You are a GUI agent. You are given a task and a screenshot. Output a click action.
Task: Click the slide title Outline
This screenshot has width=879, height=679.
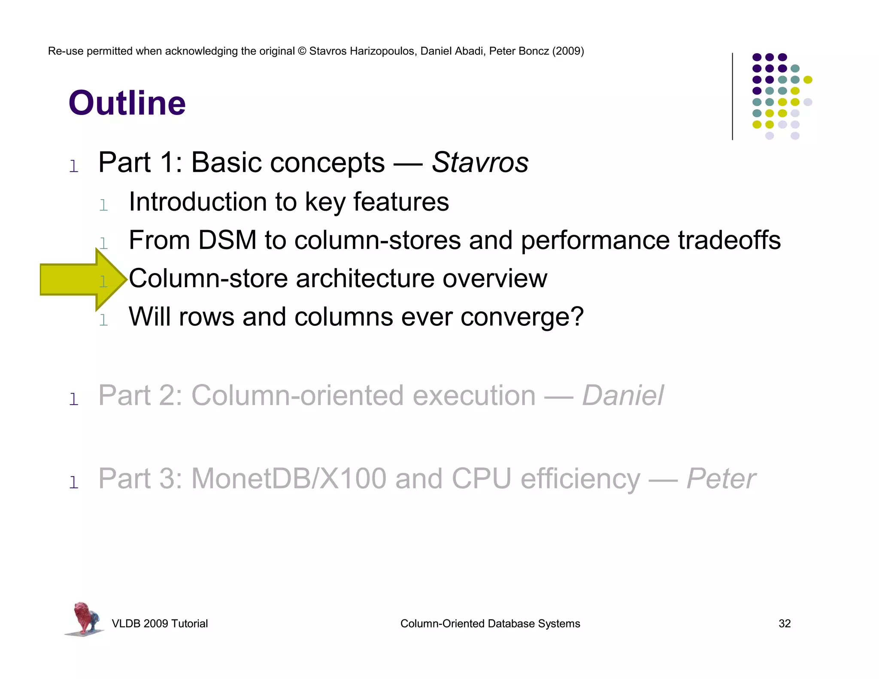[x=127, y=103]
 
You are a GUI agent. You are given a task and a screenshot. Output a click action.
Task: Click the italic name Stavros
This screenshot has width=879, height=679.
[x=480, y=163]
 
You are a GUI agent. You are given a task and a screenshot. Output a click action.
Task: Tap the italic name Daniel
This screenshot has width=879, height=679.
[x=623, y=395]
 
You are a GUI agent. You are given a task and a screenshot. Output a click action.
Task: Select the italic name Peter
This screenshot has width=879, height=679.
[x=721, y=479]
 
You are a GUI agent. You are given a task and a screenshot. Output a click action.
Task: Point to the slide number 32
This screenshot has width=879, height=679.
[x=784, y=624]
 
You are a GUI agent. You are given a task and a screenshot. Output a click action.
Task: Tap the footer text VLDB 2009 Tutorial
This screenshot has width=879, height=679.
[x=160, y=624]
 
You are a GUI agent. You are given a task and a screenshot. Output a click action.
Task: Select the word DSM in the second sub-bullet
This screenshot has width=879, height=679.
[x=227, y=240]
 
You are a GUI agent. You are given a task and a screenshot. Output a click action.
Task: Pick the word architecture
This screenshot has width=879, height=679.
[x=365, y=279]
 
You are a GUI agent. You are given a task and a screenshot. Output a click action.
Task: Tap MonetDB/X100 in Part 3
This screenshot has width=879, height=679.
[x=289, y=479]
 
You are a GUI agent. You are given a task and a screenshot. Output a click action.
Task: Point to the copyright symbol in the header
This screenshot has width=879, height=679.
[x=302, y=51]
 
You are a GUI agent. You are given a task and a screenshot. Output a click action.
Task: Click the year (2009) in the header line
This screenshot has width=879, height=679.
[x=568, y=51]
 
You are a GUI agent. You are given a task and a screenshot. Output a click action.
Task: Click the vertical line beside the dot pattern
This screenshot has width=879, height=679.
[x=732, y=96]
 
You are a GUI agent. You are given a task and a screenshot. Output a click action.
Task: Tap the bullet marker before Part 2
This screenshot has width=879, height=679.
[x=74, y=399]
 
